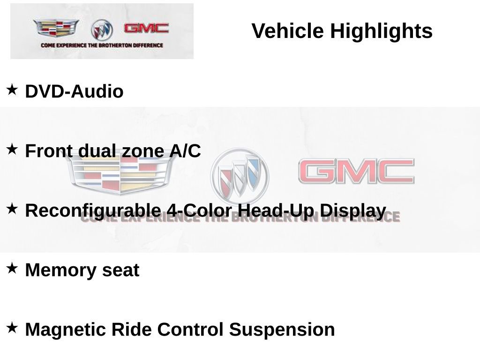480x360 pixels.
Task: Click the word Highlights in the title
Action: pos(381,31)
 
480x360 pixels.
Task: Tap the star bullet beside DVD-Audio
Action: pos(12,89)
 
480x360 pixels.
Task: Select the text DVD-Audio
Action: pos(74,91)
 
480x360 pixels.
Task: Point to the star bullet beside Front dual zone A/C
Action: pos(12,149)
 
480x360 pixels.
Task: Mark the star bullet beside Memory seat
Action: pos(12,268)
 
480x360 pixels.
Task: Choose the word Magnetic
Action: pos(65,330)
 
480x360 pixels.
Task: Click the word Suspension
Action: pos(282,330)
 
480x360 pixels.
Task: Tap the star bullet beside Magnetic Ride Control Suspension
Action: pos(12,328)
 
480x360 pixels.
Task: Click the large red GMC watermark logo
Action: pos(356,172)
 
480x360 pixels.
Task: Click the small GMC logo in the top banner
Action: pos(146,28)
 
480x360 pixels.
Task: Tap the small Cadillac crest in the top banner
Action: pos(56,28)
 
